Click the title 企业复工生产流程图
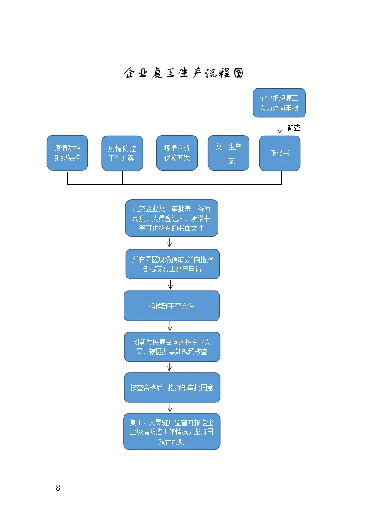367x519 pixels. [183, 73]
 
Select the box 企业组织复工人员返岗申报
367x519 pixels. [279, 103]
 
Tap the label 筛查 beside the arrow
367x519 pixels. [294, 128]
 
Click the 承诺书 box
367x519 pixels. [280, 153]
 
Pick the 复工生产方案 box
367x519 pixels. [228, 153]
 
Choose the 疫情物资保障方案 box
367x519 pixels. [177, 153]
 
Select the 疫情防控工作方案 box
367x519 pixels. [122, 154]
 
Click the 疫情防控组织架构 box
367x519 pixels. [67, 153]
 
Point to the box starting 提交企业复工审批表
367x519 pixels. [171, 218]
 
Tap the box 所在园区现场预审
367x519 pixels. [172, 264]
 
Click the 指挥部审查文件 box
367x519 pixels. [171, 306]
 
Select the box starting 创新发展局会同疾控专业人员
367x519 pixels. [172, 347]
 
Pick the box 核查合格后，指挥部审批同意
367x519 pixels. [172, 388]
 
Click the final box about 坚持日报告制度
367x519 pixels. [171, 432]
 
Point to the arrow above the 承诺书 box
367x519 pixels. [280, 126]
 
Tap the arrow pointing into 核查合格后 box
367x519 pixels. [170, 367]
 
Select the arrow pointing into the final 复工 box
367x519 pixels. [170, 408]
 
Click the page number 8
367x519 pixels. [58, 488]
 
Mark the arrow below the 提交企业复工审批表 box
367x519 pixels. [170, 243]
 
